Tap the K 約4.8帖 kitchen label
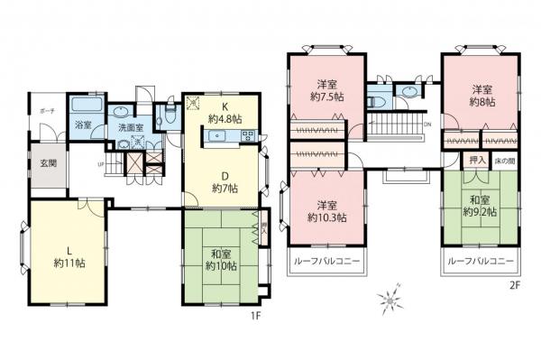coord(221,111)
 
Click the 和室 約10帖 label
coord(220,259)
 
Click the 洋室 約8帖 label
coord(481,96)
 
